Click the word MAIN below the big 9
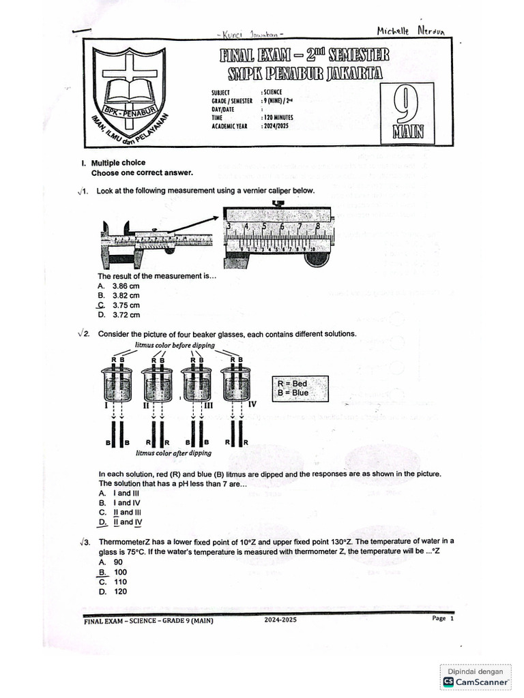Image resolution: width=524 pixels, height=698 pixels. pyautogui.click(x=407, y=132)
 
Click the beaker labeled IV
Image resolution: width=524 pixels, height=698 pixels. pyautogui.click(x=237, y=385)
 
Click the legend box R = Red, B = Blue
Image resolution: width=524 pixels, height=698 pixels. pyautogui.click(x=299, y=389)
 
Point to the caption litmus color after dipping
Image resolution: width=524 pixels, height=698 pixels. pyautogui.click(x=173, y=453)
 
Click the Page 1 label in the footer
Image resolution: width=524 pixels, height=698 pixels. pyautogui.click(x=442, y=618)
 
